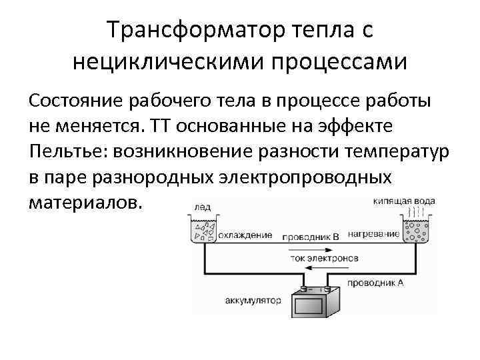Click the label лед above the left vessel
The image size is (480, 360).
pos(201,207)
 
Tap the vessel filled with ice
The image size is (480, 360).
pos(203,230)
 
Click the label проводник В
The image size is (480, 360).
pos(311,236)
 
